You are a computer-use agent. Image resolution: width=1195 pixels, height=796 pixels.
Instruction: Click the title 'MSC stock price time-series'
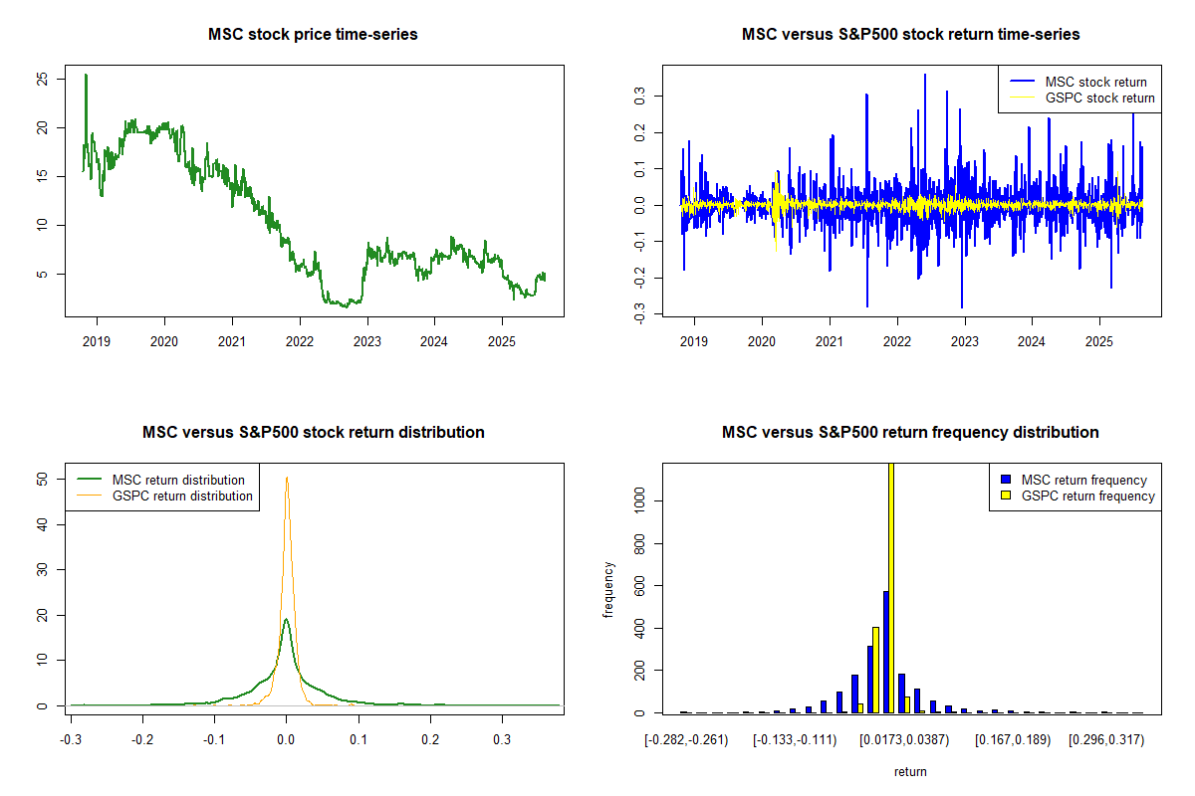[x=313, y=35]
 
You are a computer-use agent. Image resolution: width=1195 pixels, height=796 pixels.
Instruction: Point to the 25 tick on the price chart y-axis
[x=41, y=80]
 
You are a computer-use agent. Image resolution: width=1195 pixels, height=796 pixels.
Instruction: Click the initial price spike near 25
[x=86, y=76]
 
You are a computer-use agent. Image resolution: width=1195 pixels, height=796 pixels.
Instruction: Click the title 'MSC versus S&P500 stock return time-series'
[x=910, y=35]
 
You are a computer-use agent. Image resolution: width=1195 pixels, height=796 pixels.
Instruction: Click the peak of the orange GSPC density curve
[x=287, y=479]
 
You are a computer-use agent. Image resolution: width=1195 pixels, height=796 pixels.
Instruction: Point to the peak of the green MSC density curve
[x=286, y=620]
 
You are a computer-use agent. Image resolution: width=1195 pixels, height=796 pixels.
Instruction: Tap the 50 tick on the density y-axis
[x=41, y=479]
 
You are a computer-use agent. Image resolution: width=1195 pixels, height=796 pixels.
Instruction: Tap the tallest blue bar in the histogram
[x=885, y=652]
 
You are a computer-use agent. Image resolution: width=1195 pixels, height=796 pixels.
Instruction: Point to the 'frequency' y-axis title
[x=608, y=589]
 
